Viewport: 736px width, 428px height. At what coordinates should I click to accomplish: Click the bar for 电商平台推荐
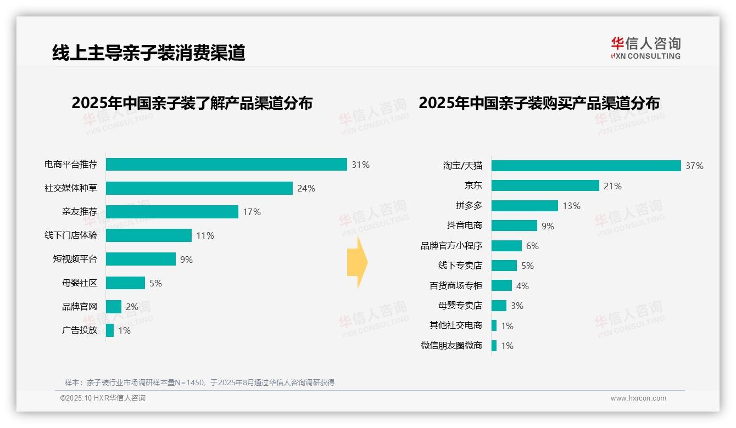(226, 165)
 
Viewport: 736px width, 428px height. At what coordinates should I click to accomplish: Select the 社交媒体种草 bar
(199, 188)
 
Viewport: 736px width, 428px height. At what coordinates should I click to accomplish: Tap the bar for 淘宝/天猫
(586, 166)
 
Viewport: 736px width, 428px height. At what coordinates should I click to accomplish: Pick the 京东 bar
(545, 186)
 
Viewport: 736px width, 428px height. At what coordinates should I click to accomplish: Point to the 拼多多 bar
(525, 206)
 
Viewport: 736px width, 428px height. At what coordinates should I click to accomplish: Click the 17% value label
(252, 212)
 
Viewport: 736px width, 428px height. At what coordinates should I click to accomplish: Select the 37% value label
(694, 166)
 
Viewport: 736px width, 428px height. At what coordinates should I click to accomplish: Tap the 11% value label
(205, 236)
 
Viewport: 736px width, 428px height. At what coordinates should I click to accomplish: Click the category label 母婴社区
(80, 283)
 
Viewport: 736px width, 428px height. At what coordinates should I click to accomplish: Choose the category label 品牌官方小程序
(451, 246)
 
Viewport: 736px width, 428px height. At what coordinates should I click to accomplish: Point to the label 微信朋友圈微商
(451, 346)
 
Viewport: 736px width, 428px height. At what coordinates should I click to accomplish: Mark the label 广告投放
(80, 330)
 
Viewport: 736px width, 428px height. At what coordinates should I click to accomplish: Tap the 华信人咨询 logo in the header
(645, 48)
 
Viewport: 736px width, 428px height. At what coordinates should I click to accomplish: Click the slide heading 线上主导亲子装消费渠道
(149, 53)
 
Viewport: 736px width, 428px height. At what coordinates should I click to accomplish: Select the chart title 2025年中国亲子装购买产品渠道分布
(539, 103)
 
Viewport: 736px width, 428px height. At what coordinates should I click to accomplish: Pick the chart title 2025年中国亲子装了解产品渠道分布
(192, 103)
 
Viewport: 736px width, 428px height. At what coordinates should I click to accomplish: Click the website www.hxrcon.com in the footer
(638, 398)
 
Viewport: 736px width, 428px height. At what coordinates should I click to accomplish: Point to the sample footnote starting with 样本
(199, 382)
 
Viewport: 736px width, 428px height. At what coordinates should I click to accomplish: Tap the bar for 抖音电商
(514, 226)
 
